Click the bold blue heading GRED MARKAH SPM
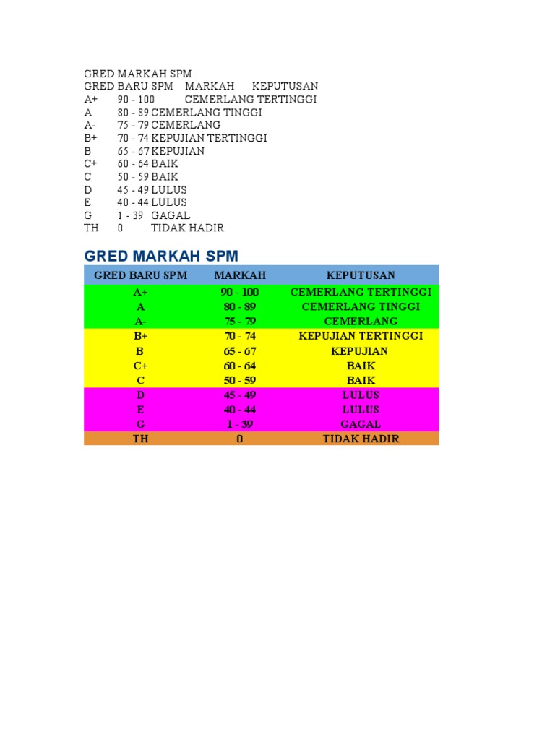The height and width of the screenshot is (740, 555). tap(161, 256)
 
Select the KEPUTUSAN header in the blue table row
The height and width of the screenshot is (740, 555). tap(361, 275)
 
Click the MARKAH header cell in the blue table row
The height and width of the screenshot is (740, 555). tap(240, 275)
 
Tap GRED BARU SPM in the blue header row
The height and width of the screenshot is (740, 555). tap(141, 275)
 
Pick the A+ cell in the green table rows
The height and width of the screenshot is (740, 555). tap(140, 292)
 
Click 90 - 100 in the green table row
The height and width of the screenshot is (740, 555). tap(240, 292)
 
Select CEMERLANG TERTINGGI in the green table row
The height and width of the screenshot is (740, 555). tap(361, 292)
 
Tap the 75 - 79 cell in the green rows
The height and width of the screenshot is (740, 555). tap(240, 321)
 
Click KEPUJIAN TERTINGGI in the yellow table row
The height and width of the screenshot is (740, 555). tap(361, 336)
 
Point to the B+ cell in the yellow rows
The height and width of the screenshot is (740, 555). tap(140, 336)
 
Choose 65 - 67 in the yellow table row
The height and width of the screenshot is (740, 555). tap(240, 351)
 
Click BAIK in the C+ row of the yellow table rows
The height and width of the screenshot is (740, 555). tap(361, 366)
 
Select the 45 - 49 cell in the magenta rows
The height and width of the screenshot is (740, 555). tap(240, 395)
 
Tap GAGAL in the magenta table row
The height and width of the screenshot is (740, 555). tap(361, 424)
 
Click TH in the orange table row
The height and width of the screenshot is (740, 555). tap(140, 439)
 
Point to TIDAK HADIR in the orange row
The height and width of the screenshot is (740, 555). tap(361, 439)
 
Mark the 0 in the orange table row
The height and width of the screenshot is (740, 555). tap(240, 439)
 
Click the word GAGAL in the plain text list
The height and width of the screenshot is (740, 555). tap(171, 215)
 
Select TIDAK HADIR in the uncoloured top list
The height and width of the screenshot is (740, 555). tap(187, 228)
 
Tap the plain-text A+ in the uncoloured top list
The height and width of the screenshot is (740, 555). tap(91, 100)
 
